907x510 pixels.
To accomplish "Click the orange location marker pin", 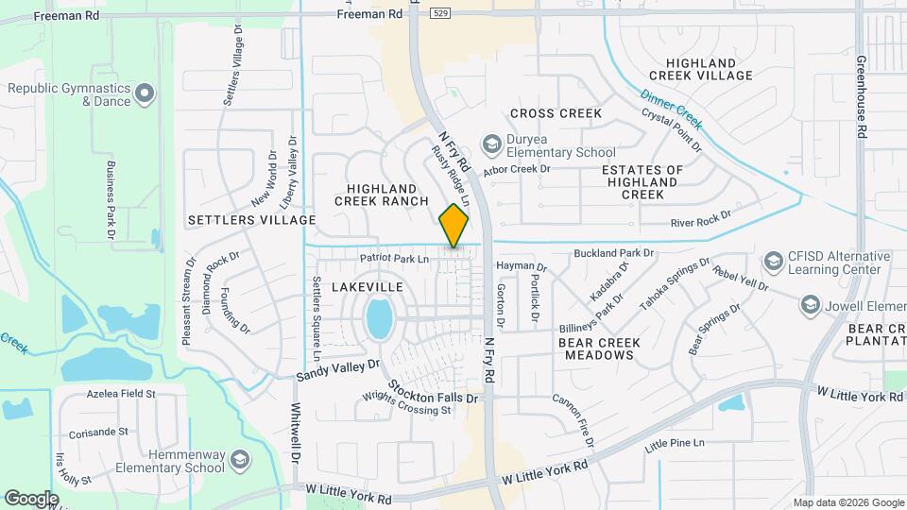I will (454, 226).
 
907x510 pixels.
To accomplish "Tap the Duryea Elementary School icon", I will (491, 144).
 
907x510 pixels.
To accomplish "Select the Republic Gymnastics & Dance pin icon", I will (145, 93).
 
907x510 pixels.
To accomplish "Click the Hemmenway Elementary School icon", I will (240, 460).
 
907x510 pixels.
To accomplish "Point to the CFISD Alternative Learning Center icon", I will (774, 260).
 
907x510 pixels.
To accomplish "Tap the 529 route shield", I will (439, 13).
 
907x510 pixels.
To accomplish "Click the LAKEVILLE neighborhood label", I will (368, 286).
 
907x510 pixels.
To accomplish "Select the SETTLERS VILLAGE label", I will (251, 220).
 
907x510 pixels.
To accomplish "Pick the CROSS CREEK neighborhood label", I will (556, 113).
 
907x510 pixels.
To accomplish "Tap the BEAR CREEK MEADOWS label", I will (599, 348).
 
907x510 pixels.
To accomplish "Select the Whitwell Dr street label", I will (295, 433).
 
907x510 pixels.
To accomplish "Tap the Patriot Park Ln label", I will (394, 258).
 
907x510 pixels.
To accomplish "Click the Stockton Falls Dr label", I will (434, 392).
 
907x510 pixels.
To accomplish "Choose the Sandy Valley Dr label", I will (337, 369).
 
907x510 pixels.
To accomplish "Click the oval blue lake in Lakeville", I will (379, 319).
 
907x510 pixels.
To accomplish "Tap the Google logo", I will (31, 498).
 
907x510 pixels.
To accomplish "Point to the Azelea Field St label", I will (120, 393).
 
